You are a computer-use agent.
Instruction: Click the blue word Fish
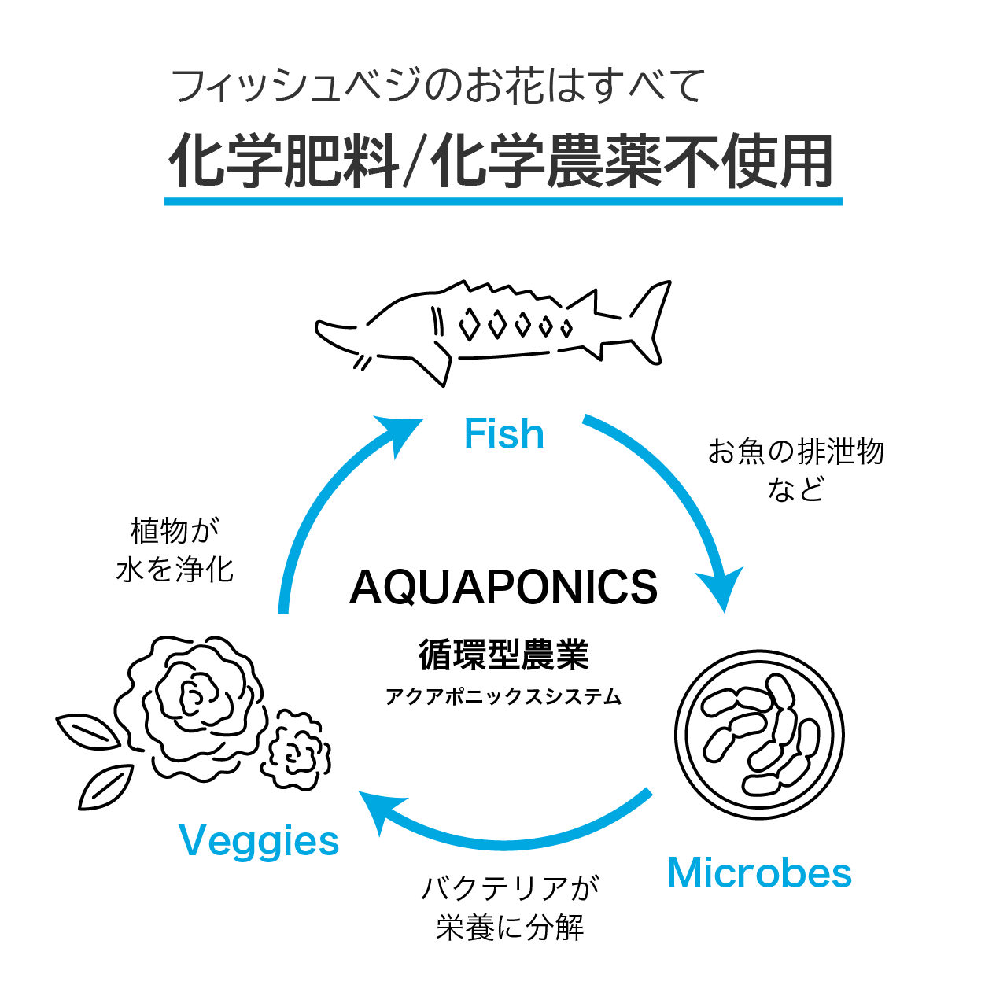click(x=503, y=434)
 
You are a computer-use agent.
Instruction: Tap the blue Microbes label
click(x=759, y=873)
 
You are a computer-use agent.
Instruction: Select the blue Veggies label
click(x=259, y=842)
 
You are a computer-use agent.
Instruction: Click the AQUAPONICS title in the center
click(x=503, y=588)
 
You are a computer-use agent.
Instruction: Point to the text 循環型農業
click(x=503, y=655)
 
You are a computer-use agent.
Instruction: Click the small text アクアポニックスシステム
click(x=503, y=697)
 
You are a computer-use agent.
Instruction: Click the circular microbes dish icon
click(x=759, y=736)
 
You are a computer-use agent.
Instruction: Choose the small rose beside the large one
click(x=296, y=751)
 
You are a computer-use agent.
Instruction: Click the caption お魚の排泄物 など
click(x=795, y=470)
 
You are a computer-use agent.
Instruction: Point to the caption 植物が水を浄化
click(x=175, y=550)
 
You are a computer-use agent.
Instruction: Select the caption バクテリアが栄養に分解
click(x=510, y=908)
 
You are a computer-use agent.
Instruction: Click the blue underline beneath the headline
click(x=503, y=202)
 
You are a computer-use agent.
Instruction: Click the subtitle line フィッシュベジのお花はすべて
click(x=437, y=86)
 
